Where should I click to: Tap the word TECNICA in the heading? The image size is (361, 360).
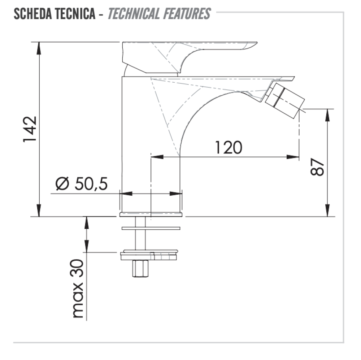point(75,14)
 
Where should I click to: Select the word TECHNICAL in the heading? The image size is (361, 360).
point(134,14)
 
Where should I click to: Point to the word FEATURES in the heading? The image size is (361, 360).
point(187,14)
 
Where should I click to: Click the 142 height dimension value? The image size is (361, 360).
point(30,129)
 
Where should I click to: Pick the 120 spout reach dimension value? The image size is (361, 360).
point(229,147)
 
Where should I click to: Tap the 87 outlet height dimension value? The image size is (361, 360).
point(317,167)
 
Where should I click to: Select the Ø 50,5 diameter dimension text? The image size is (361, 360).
point(82,183)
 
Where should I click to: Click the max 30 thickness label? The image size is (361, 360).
point(78,289)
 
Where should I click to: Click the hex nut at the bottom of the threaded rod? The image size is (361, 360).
point(140,269)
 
